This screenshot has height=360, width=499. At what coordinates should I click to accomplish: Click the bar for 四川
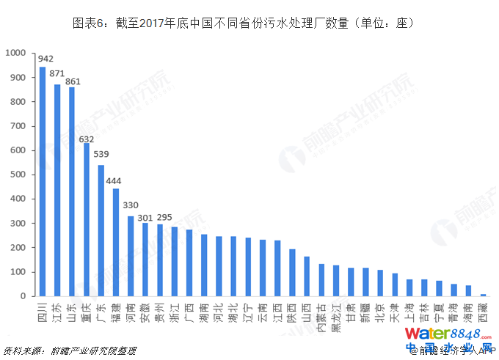(x=42, y=182)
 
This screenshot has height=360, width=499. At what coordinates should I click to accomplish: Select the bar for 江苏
(x=57, y=191)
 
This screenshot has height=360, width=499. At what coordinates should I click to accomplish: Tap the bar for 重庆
(x=86, y=220)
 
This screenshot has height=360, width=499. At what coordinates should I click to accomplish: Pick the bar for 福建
(x=115, y=243)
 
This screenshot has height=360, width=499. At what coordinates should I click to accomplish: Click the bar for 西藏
(x=482, y=295)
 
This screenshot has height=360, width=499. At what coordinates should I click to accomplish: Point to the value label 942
(x=45, y=59)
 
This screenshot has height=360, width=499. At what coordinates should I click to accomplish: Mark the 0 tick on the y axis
(x=24, y=297)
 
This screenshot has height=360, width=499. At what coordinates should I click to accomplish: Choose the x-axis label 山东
(x=71, y=309)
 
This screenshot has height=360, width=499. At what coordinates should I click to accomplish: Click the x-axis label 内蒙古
(x=321, y=315)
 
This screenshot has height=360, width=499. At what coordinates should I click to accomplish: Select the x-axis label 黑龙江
(x=335, y=315)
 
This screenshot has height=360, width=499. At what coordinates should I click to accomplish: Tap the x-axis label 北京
(x=379, y=309)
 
